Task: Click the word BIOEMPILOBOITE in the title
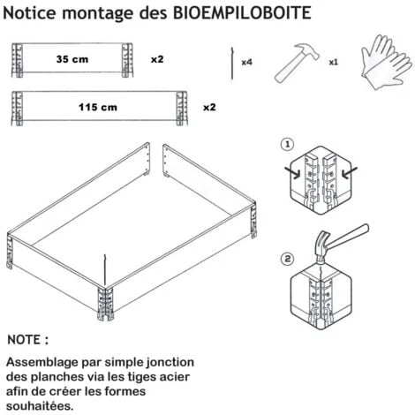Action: [x=242, y=12]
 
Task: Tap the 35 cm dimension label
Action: [x=72, y=59]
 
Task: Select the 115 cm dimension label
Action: [x=98, y=107]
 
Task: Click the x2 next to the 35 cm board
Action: [x=157, y=59]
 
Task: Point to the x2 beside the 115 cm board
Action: [x=209, y=107]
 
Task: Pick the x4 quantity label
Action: [x=246, y=62]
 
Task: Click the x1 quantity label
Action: [x=334, y=62]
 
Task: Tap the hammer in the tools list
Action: [x=296, y=63]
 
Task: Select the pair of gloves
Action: [x=386, y=62]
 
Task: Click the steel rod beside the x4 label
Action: [x=232, y=64]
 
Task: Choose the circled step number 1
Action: [x=288, y=145]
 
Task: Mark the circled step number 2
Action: [x=288, y=259]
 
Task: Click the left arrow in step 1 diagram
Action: [x=292, y=172]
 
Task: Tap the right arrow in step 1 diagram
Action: [x=349, y=172]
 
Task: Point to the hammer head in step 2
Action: [x=321, y=246]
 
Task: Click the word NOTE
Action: [x=24, y=340]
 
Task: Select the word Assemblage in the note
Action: [x=42, y=363]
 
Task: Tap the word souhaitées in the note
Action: [x=40, y=406]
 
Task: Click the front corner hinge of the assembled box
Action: [x=105, y=304]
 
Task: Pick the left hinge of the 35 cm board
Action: [x=18, y=60]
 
